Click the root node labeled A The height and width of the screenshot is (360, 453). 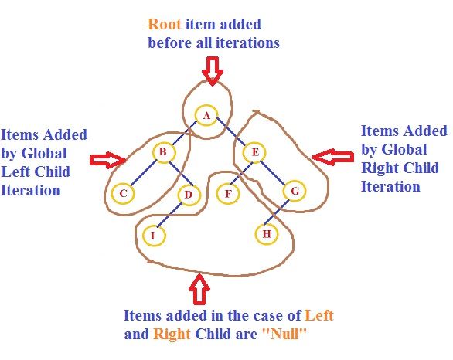(x=206, y=117)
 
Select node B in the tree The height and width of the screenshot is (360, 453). (x=163, y=153)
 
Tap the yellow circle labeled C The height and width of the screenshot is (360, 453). (x=122, y=193)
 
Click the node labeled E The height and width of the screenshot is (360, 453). (x=254, y=153)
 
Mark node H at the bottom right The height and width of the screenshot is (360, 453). (x=267, y=233)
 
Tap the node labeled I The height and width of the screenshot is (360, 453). (x=155, y=234)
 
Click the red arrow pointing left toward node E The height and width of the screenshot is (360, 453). (x=332, y=157)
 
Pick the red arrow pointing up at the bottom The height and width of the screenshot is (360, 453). (x=199, y=290)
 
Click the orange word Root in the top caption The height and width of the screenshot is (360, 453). (x=165, y=25)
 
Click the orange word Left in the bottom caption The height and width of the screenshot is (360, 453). (x=319, y=316)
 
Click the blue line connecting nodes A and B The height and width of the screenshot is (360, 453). (x=185, y=134)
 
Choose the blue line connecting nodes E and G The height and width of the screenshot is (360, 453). (x=274, y=172)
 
